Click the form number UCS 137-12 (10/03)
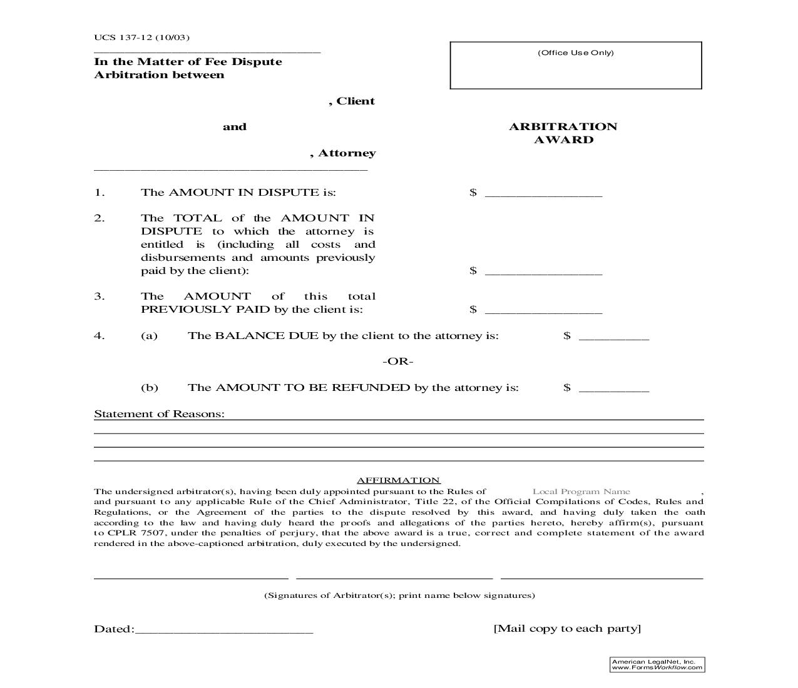point(141,37)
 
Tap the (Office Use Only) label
point(575,53)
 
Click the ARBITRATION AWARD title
point(563,133)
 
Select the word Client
point(356,101)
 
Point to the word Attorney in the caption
point(347,153)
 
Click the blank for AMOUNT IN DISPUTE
point(543,193)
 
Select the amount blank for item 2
point(543,271)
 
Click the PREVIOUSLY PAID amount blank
point(543,310)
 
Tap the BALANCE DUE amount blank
point(613,336)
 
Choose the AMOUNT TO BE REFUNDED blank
point(613,388)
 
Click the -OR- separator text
point(398,362)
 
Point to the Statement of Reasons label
point(159,414)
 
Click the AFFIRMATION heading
point(399,480)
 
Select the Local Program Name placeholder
point(581,492)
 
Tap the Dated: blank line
point(223,630)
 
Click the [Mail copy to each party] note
point(567,629)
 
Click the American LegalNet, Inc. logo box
point(657,665)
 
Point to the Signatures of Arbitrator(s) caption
point(399,595)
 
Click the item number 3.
point(100,296)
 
